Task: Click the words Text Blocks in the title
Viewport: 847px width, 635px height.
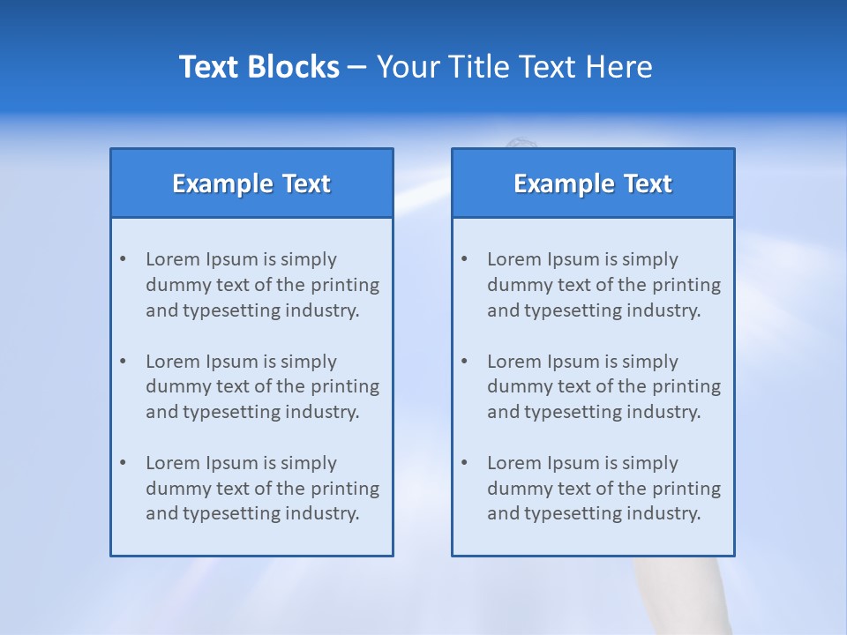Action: click(259, 67)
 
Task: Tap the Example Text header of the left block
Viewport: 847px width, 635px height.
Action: click(251, 183)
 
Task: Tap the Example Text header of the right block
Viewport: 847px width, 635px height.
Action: click(593, 183)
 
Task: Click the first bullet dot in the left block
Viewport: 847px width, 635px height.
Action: click(123, 259)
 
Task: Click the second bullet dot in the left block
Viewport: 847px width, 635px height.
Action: click(123, 362)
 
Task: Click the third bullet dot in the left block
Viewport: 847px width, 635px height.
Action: click(123, 463)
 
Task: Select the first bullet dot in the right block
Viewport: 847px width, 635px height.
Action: click(464, 259)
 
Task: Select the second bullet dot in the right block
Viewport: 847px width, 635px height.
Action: click(464, 362)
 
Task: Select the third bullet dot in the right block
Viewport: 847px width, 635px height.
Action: click(464, 463)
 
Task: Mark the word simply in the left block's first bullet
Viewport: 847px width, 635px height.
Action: click(309, 259)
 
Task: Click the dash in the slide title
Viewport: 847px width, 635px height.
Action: click(357, 67)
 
